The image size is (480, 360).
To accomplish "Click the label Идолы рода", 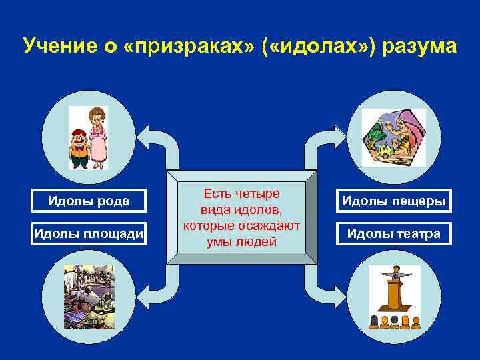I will pos(88,201).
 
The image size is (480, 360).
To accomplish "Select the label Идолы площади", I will pos(88,233).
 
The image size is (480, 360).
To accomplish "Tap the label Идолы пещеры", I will pos(393,201).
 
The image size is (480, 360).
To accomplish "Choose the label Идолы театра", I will pos(393,234).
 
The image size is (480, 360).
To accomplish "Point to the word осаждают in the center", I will pos(272,226).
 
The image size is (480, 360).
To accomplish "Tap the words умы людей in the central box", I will pos(241,242).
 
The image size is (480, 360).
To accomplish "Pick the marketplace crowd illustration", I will pos(89,297).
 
